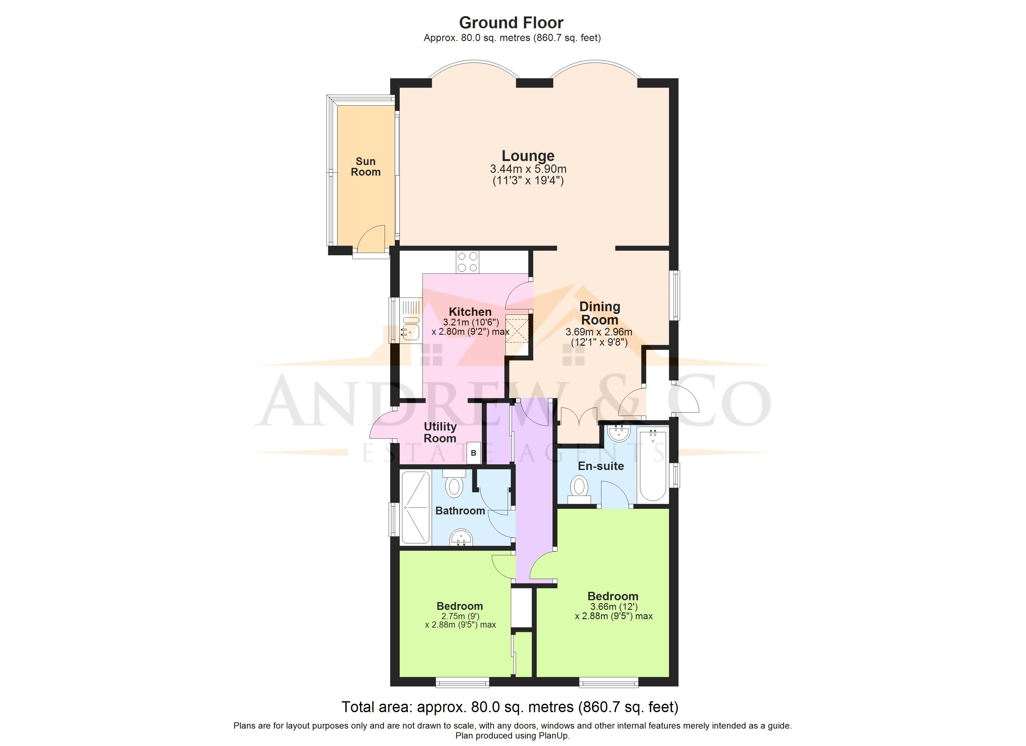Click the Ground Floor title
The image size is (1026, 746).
511,23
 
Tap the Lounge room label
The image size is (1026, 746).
528,156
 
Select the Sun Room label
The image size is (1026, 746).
366,167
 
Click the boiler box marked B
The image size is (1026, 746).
474,453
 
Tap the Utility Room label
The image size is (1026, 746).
440,432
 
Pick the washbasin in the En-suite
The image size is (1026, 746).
619,433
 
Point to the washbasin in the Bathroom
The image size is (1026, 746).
461,538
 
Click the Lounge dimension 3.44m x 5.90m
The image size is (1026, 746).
528,169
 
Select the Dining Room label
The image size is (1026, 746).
600,313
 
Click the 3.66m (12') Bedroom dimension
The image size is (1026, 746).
613,607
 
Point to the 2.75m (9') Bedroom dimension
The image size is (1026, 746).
460,616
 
